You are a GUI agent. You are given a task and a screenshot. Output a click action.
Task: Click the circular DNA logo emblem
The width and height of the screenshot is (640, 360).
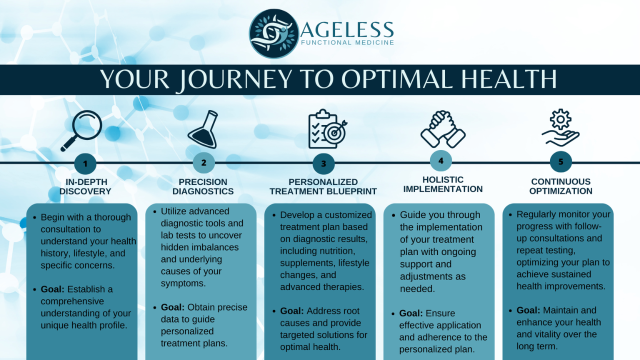pos(273,33)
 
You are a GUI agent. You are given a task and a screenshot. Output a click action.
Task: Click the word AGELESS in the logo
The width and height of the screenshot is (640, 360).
pos(347,29)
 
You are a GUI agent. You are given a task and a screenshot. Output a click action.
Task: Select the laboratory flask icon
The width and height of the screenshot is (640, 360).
pos(203,129)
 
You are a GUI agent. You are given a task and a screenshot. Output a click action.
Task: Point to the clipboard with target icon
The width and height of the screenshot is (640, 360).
pos(326,129)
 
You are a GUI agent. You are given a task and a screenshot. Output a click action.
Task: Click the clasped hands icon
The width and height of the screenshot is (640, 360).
pos(443,129)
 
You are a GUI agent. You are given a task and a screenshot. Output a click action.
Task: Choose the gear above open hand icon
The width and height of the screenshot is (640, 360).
pos(560,127)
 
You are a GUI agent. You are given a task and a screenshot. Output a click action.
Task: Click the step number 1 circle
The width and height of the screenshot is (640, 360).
pos(85,163)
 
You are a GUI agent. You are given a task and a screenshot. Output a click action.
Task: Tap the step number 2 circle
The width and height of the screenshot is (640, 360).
pos(203,163)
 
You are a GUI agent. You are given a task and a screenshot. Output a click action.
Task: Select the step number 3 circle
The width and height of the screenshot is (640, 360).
pos(323,163)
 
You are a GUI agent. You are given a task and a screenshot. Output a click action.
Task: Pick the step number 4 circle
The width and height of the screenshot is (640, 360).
pos(441,161)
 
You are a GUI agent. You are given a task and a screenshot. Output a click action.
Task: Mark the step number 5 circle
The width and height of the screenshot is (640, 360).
pos(561,161)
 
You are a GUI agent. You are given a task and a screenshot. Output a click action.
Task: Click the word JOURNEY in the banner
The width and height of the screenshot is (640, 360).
pos(235,79)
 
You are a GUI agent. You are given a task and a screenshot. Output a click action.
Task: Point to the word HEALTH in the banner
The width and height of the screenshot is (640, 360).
pos(509,79)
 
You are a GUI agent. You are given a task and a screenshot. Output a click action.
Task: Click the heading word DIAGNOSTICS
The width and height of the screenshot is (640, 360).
pos(203,191)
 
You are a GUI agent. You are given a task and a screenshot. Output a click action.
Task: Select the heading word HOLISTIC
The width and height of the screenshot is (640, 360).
pos(443,179)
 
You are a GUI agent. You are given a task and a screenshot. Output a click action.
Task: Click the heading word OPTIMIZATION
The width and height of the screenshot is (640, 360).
pos(561,191)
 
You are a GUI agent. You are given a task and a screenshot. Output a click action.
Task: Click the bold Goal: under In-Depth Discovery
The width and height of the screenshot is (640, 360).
pos(52,289)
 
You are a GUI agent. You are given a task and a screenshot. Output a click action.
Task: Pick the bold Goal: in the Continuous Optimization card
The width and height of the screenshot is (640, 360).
pos(528,310)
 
